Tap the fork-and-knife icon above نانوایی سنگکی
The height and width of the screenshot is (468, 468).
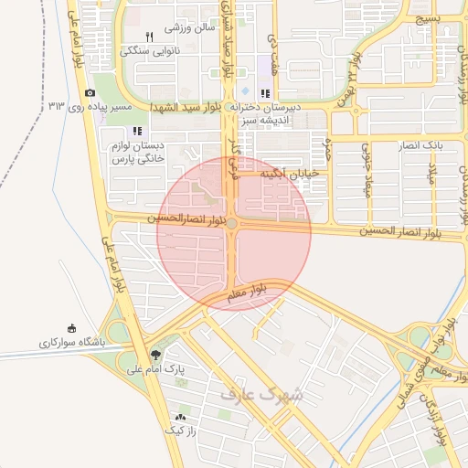(149, 37)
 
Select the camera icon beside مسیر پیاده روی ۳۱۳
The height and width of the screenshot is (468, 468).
(90, 93)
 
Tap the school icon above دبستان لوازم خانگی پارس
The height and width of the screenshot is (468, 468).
(137, 131)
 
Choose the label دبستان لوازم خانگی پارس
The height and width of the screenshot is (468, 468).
(136, 152)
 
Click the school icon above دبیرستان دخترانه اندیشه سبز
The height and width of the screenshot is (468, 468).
(264, 93)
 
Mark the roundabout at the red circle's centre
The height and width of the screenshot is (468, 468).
(233, 224)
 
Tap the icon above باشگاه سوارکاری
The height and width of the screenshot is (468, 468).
(72, 329)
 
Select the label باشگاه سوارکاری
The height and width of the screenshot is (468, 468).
(72, 343)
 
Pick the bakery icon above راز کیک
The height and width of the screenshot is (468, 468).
(179, 417)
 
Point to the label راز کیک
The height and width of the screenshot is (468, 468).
(178, 430)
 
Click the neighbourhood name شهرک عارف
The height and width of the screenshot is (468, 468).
(261, 394)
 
